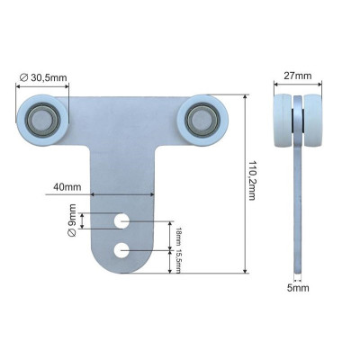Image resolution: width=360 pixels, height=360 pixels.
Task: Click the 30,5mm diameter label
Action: coord(43,77)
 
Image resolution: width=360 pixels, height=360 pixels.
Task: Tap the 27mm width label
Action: coord(298,76)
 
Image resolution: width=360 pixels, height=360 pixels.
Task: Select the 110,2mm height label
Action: coord(252,181)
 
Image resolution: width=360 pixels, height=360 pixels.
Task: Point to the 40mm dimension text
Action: coord(67,187)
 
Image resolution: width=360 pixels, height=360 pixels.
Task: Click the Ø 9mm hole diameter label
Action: coord(72,220)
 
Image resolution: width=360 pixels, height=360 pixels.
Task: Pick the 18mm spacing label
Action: coord(178,236)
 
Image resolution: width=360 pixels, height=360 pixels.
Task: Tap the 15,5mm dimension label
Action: coord(178,261)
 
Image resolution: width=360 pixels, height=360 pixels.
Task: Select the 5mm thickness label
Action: coord(298,288)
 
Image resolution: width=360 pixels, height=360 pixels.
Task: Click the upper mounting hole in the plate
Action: coord(121,221)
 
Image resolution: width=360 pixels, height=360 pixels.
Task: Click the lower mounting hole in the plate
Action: coord(121,250)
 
